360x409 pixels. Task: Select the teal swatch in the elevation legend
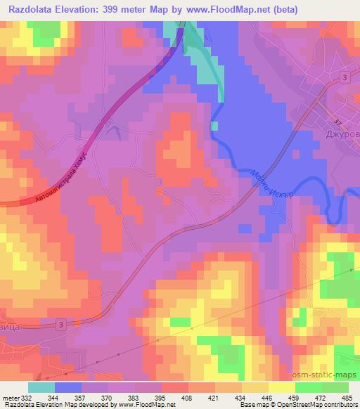point(41,387)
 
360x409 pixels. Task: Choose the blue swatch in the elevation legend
point(67,387)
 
